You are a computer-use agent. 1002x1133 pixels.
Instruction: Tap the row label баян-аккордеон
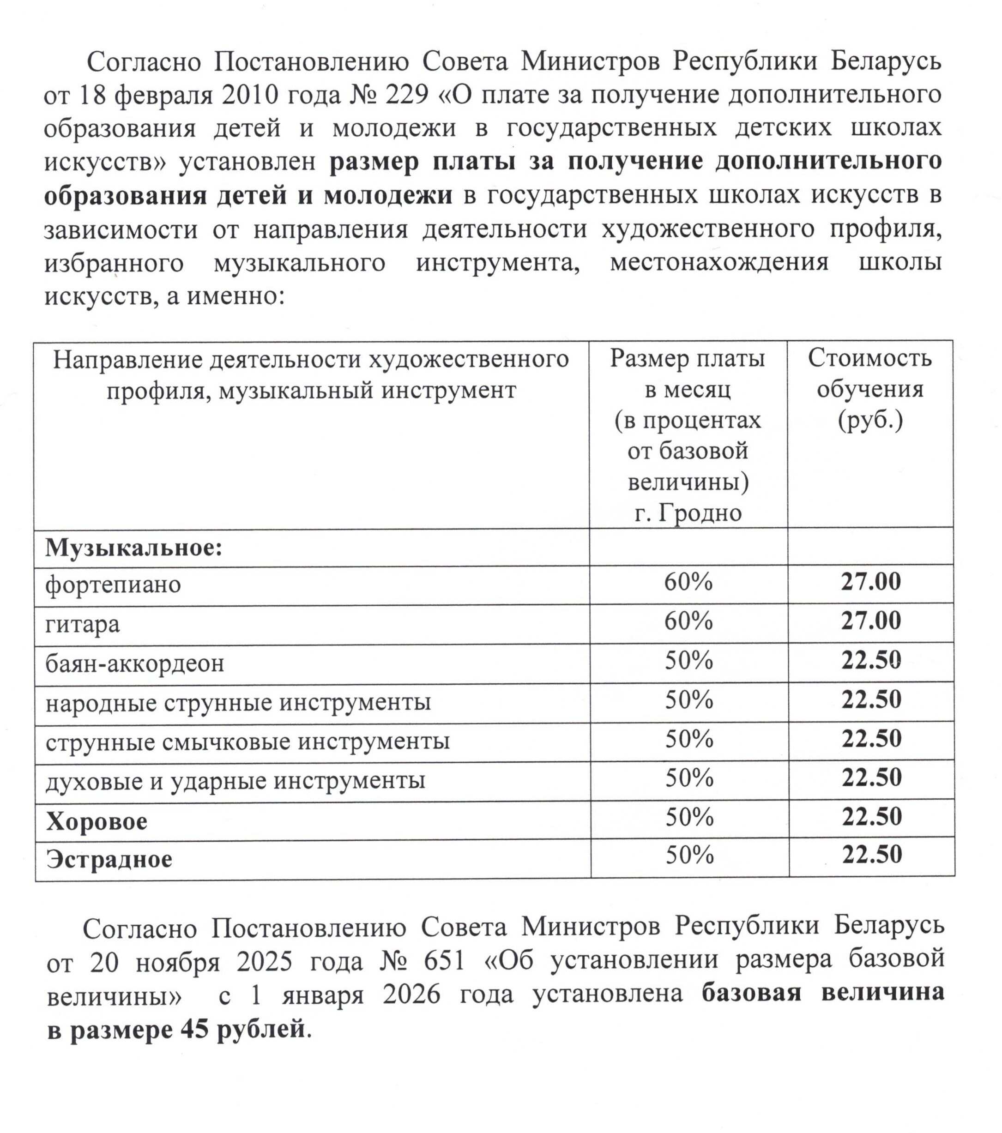point(135,663)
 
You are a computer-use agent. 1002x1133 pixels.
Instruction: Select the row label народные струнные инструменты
point(238,702)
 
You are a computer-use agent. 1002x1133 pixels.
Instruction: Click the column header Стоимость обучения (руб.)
point(869,389)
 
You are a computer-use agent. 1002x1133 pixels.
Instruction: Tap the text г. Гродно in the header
point(688,513)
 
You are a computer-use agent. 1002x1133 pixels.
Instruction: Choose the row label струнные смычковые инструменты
point(247,741)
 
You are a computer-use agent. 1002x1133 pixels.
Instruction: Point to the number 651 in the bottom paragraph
point(444,961)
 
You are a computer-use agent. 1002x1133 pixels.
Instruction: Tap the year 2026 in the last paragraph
point(411,995)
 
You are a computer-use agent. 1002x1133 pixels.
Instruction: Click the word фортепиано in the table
point(113,584)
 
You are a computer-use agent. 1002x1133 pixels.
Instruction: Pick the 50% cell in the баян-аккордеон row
point(688,660)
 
